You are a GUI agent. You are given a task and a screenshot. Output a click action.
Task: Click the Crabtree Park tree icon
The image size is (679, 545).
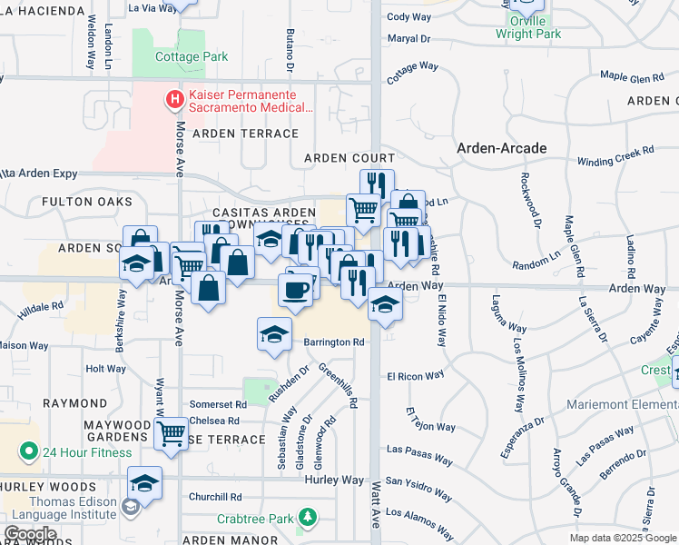pyautogui.click(x=310, y=519)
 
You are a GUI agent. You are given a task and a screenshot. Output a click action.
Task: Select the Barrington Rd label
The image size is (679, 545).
pyautogui.click(x=333, y=342)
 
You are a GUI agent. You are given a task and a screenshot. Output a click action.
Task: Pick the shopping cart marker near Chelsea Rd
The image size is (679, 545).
pyautogui.click(x=170, y=433)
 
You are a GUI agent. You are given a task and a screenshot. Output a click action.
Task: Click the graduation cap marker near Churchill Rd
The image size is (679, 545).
pyautogui.click(x=144, y=483)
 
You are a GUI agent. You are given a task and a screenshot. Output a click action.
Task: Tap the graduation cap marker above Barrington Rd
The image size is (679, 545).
pyautogui.click(x=274, y=334)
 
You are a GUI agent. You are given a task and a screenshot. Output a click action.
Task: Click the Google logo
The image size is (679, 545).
pyautogui.click(x=29, y=534)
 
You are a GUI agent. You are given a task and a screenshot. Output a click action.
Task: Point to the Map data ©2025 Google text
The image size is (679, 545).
pyautogui.click(x=623, y=538)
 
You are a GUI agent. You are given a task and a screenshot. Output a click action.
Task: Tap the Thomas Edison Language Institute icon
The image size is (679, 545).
pyautogui.click(x=131, y=505)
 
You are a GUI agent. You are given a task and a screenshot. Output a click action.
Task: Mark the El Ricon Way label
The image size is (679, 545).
pyautogui.click(x=415, y=375)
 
